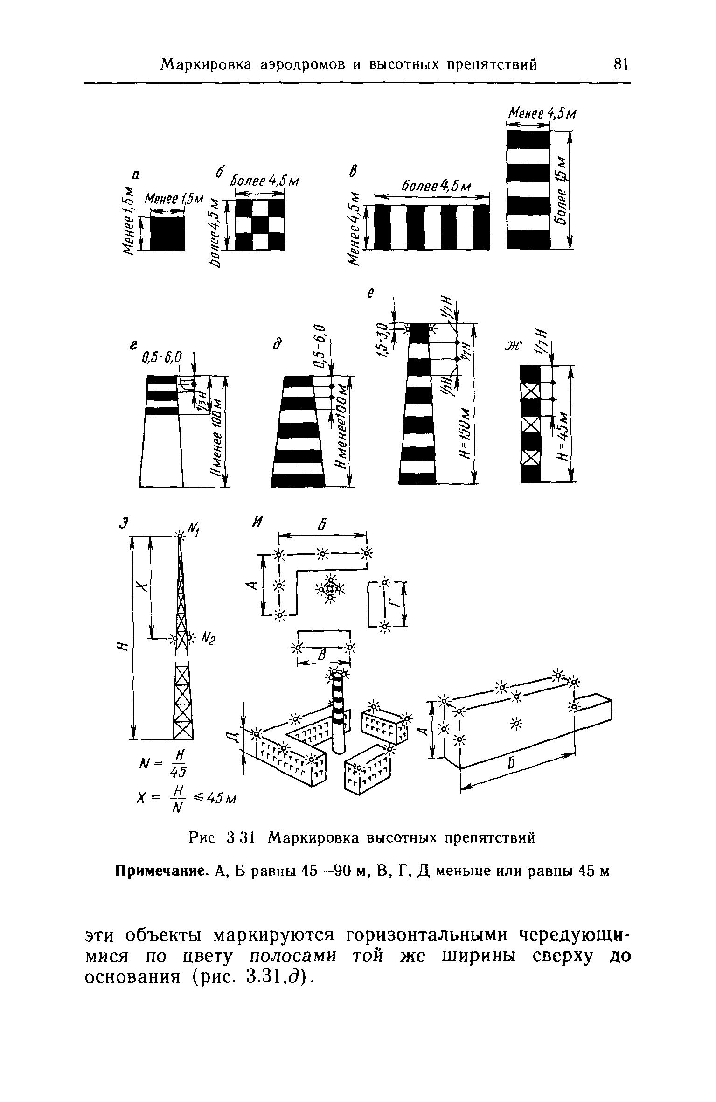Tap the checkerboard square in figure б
260,224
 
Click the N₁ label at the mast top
193,529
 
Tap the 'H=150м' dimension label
466,434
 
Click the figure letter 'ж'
513,346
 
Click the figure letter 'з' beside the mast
123,523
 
